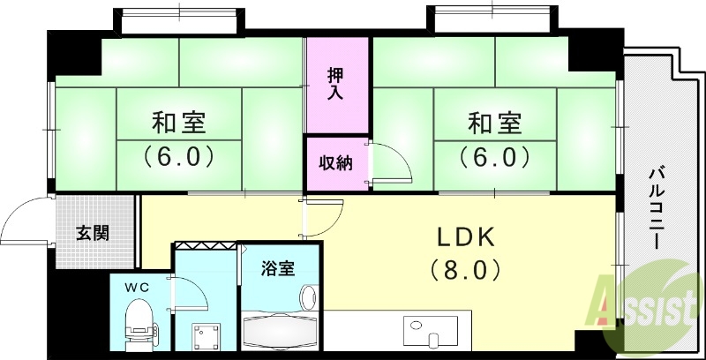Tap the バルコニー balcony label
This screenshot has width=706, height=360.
657,208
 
